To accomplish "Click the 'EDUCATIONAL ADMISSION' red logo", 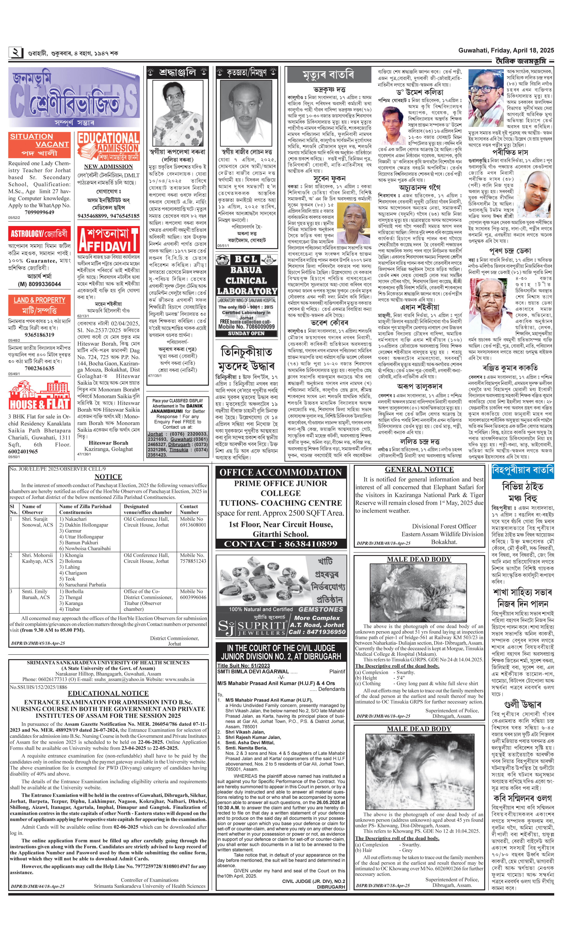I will [108, 146].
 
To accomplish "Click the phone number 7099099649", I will [39, 212].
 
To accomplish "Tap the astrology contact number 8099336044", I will [39, 284].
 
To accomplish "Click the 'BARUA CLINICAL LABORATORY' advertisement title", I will [246, 275].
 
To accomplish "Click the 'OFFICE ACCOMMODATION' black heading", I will [281, 472].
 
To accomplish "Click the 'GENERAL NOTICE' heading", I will [419, 469].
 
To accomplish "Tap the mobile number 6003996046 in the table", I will [193, 597].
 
